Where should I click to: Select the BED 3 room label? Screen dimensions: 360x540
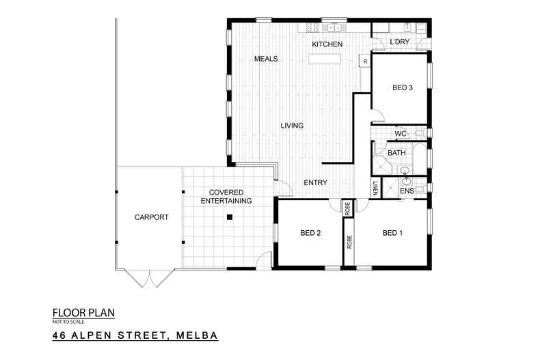click(403, 87)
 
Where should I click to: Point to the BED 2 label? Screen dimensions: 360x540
click(310, 233)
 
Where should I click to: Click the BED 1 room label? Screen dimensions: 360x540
click(392, 233)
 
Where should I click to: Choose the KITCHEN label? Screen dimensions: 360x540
click(327, 44)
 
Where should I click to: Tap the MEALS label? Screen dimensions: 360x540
click(266, 59)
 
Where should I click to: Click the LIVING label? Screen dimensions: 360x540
click(291, 125)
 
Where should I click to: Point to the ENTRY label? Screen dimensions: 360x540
click(316, 182)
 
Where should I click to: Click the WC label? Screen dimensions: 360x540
click(401, 133)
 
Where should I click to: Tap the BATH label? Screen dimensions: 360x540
click(396, 153)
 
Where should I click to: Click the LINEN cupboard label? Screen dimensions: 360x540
click(375, 187)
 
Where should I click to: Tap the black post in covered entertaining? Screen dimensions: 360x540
click(230, 217)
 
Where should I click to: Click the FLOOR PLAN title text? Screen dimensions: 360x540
click(83, 313)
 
